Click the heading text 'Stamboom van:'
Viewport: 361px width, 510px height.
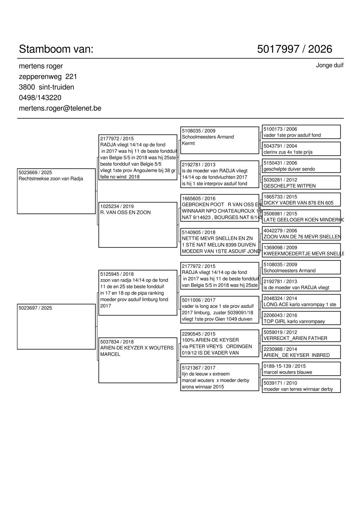(x=56, y=49)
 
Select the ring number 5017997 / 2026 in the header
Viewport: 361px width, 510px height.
(x=294, y=49)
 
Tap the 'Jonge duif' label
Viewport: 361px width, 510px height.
(x=329, y=65)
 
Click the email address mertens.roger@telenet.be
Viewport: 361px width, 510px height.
(x=60, y=108)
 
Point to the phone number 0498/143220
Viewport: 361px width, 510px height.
(x=40, y=98)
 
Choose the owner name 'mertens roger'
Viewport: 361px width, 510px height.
(x=41, y=66)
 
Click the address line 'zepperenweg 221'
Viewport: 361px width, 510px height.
(x=48, y=77)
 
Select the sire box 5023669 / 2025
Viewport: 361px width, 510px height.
(x=56, y=191)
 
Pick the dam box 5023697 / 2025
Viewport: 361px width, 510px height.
(x=56, y=326)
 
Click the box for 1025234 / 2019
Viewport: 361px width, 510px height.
(x=138, y=225)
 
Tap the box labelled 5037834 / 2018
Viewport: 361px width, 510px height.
(x=138, y=360)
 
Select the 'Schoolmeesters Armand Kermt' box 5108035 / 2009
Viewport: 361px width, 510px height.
(x=220, y=140)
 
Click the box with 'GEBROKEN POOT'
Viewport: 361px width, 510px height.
(x=220, y=208)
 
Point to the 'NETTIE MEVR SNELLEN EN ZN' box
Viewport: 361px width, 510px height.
(x=220, y=242)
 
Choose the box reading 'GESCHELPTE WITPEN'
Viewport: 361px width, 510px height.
(x=301, y=183)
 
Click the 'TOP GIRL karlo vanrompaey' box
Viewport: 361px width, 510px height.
(x=301, y=318)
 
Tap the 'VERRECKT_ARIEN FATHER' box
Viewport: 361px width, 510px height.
(x=301, y=335)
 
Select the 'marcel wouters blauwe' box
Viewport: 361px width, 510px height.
(x=301, y=369)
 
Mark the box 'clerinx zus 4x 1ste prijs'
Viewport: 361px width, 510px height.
(x=301, y=149)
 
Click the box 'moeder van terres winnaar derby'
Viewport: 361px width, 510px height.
(x=301, y=386)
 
